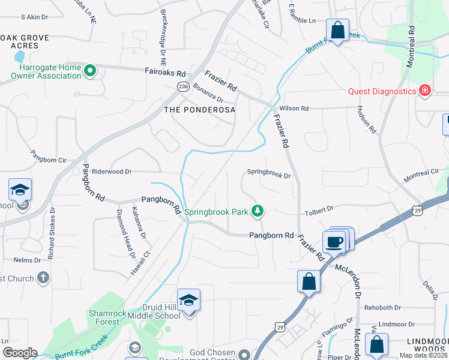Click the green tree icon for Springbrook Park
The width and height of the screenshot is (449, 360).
(257, 211)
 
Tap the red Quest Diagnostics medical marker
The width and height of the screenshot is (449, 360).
(425, 91)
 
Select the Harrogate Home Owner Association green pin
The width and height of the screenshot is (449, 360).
(91, 71)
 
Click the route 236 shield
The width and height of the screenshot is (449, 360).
(183, 87)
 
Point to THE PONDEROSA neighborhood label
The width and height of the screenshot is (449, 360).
(199, 110)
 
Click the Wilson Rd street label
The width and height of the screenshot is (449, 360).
(294, 109)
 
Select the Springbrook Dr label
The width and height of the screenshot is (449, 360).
(269, 176)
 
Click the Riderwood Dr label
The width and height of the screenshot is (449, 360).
(112, 172)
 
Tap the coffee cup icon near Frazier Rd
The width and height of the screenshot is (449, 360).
(334, 242)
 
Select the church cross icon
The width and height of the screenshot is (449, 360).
(43, 278)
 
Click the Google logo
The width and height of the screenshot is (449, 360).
(19, 353)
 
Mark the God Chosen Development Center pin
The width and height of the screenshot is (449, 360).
(244, 353)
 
